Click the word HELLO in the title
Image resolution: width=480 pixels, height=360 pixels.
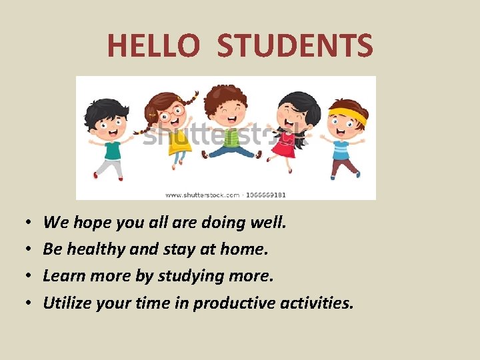coord(153,46)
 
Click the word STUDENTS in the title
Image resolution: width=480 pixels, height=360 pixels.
coord(295,46)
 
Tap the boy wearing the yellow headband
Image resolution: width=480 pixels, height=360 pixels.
coord(344,137)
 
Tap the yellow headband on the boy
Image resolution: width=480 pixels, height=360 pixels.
coord(349,115)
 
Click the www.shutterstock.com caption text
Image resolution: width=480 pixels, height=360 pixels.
coord(202,195)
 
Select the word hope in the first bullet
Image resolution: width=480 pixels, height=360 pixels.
coord(91,223)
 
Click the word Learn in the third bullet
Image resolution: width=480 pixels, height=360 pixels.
coord(61,275)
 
